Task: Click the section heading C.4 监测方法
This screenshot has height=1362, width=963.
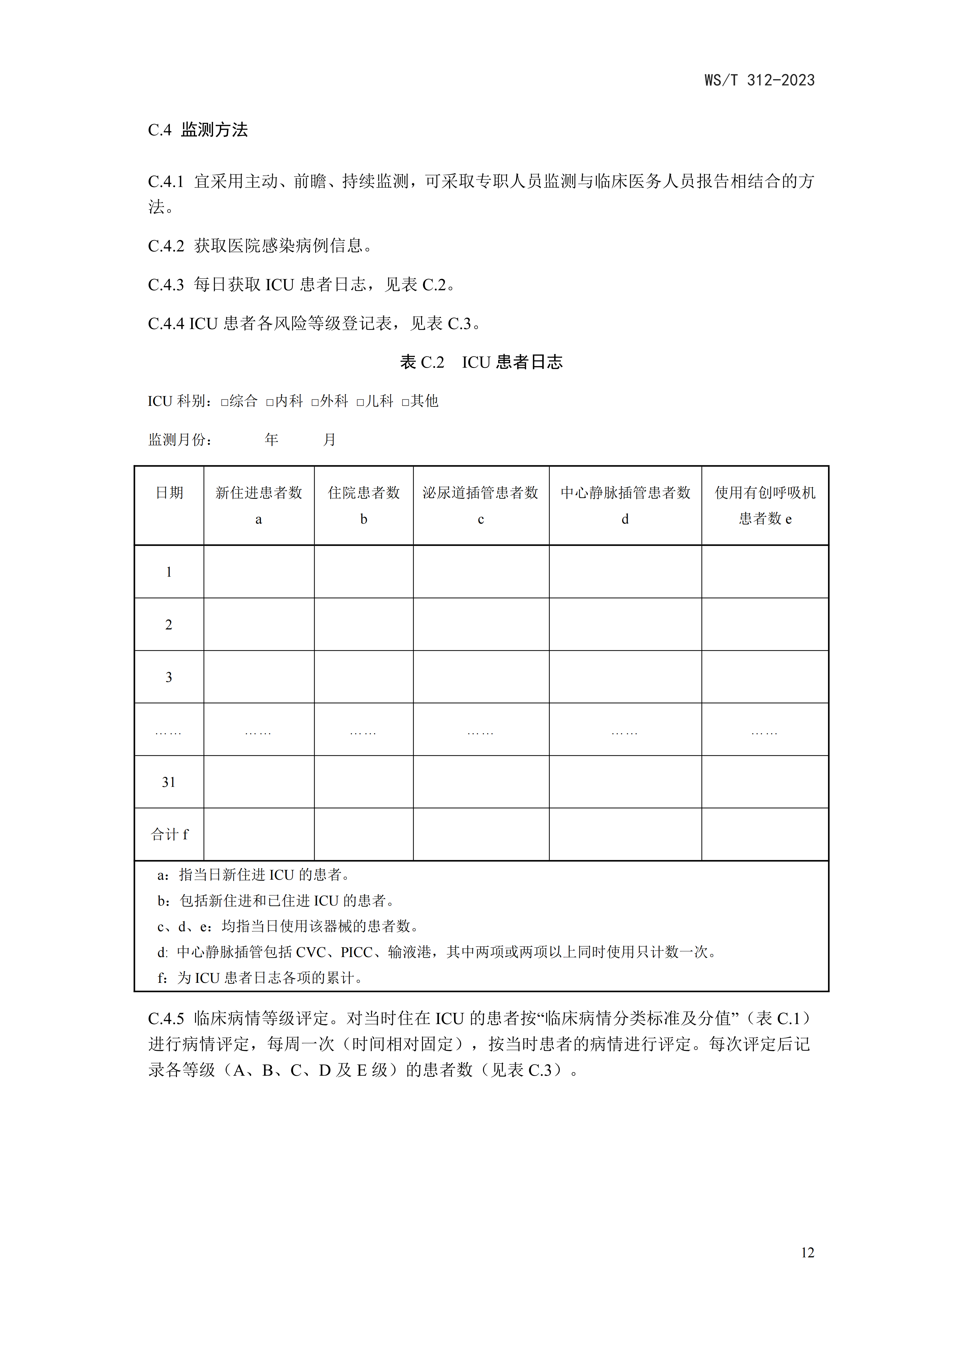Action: pos(198,130)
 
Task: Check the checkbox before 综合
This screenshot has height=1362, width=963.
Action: pos(224,402)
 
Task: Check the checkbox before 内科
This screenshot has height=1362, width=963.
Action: pos(270,402)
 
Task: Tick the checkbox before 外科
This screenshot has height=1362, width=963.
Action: pos(315,402)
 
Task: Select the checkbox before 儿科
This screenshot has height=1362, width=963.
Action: pos(360,402)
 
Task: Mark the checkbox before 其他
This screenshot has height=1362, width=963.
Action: pos(405,402)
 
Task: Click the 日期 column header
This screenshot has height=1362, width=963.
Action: pos(169,493)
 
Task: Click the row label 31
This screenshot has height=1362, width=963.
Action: pos(168,782)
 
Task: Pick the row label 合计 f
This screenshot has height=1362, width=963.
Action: pos(169,834)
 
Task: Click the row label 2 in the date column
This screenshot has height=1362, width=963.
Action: pos(168,625)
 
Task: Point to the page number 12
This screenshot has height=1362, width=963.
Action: pos(807,1252)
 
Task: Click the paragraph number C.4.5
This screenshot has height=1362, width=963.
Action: pos(166,1019)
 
